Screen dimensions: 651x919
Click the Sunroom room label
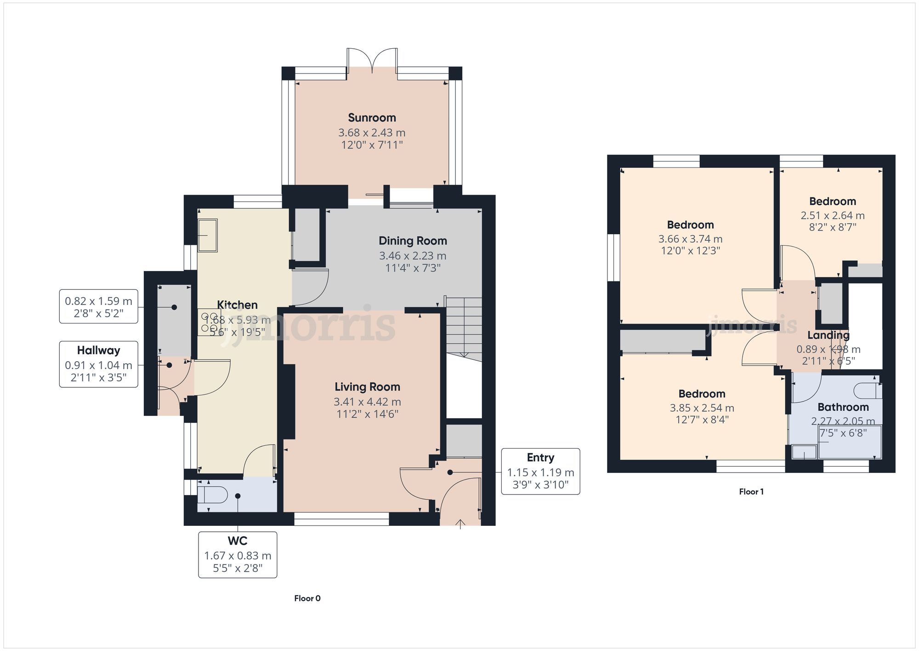(x=372, y=118)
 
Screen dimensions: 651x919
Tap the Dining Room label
(x=412, y=241)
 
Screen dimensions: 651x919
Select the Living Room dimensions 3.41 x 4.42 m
(x=367, y=402)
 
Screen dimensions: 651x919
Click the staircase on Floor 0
(x=464, y=327)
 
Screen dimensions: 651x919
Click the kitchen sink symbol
(x=207, y=236)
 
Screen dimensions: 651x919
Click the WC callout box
(x=238, y=554)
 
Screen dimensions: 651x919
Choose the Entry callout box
(x=540, y=471)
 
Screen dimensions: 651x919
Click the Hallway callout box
(x=98, y=364)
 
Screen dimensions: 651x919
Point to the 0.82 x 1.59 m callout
(x=98, y=306)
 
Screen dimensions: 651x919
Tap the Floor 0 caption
(x=307, y=598)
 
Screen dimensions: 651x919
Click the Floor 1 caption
(x=751, y=491)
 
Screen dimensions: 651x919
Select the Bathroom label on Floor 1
(x=843, y=407)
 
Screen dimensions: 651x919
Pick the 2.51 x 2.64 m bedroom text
(x=832, y=216)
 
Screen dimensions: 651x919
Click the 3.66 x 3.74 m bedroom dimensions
(x=690, y=239)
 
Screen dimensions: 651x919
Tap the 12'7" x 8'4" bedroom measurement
(x=702, y=420)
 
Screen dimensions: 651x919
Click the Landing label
(x=828, y=335)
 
